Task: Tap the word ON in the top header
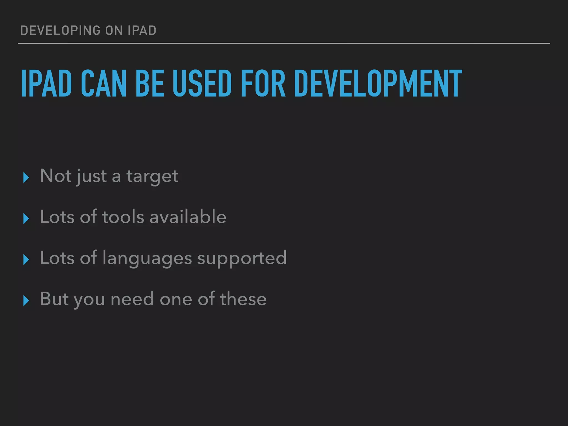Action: [114, 31]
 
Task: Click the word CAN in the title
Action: [104, 83]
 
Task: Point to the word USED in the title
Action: [202, 83]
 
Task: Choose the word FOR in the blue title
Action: [263, 83]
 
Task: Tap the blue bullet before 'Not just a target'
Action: [26, 177]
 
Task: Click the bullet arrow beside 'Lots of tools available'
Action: [26, 219]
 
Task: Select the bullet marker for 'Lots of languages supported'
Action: [26, 260]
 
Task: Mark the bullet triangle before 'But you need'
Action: [26, 301]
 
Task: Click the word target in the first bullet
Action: [152, 176]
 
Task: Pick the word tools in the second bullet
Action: [123, 217]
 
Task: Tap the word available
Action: [188, 217]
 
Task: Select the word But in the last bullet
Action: [54, 299]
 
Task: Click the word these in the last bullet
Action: [243, 299]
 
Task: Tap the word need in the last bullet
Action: [132, 299]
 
